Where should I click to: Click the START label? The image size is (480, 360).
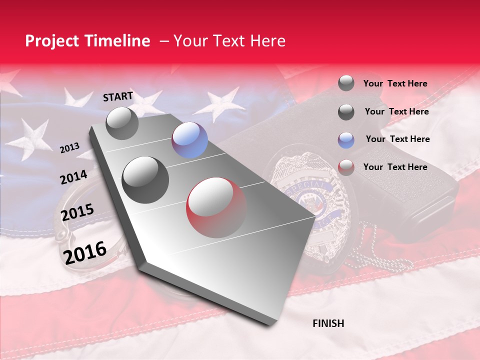[118, 96]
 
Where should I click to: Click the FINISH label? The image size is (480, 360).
[328, 323]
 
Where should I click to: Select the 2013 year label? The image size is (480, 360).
[69, 148]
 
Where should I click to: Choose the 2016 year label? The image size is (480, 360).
[85, 252]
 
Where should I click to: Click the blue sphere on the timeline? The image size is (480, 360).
[189, 140]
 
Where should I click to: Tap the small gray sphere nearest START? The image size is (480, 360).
[122, 123]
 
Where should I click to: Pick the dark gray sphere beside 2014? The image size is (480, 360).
[145, 179]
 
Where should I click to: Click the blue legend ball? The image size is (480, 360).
[346, 139]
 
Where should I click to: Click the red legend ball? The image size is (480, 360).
[346, 167]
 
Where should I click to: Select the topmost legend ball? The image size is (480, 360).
[346, 83]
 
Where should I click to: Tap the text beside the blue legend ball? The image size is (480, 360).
[397, 139]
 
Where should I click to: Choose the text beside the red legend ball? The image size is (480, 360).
[395, 167]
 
